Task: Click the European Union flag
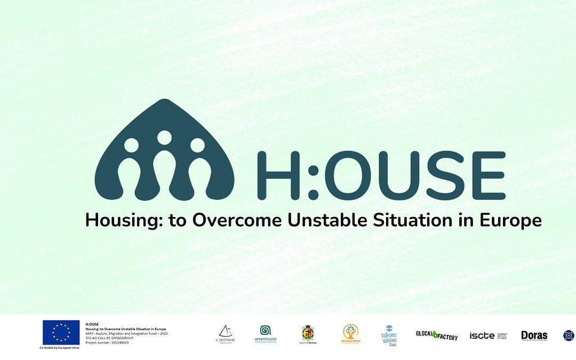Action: (61, 332)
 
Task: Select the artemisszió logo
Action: (265, 334)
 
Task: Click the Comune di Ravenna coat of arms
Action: (307, 334)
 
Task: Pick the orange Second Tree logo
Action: (350, 334)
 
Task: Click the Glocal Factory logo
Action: (437, 335)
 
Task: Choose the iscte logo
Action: (488, 335)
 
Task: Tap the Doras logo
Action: (534, 335)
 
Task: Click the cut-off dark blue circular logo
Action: (570, 335)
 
